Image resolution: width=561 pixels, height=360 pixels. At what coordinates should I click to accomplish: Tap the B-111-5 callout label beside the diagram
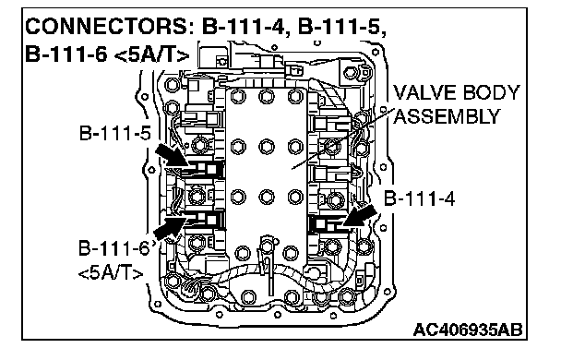(x=115, y=134)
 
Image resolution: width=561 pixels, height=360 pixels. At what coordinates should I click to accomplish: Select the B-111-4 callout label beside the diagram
(x=419, y=198)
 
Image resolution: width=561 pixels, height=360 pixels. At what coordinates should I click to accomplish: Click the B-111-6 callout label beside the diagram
(x=114, y=248)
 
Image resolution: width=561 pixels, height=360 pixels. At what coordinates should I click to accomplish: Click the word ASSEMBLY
(x=447, y=116)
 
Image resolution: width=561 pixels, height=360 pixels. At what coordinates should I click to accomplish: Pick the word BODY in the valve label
(x=491, y=92)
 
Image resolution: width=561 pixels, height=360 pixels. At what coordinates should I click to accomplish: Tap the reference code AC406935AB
(x=468, y=330)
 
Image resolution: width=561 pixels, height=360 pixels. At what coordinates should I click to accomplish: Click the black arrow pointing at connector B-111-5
(x=172, y=156)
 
